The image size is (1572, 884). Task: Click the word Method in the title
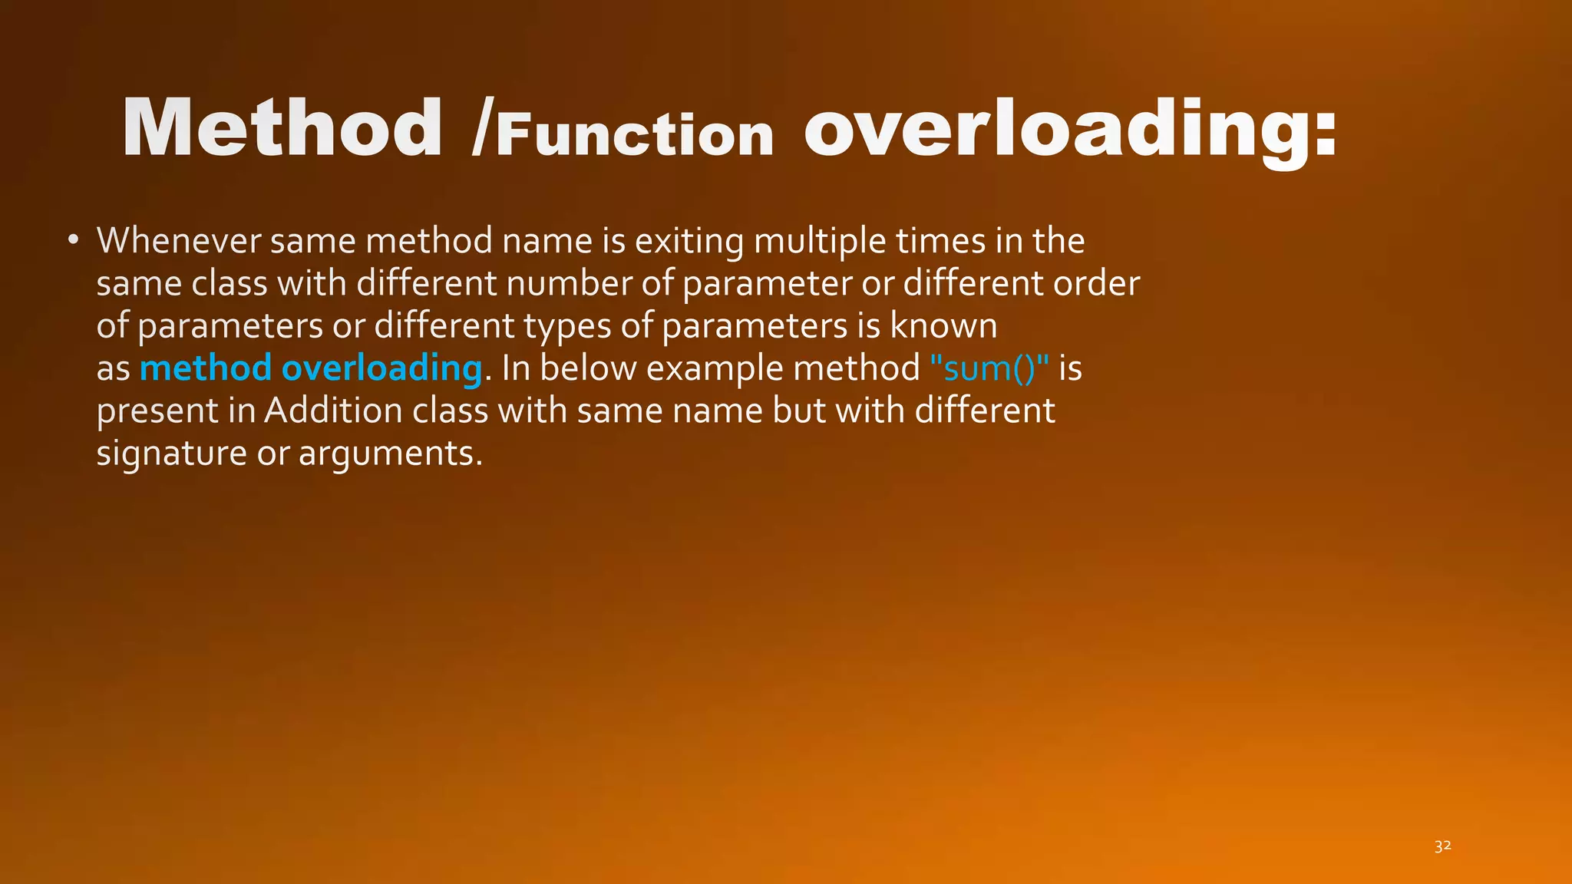click(282, 128)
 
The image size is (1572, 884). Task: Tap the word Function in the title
click(635, 136)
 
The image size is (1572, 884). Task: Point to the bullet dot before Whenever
click(73, 240)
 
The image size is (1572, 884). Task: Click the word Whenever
click(178, 241)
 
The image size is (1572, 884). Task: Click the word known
click(943, 326)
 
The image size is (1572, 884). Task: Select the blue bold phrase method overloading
click(311, 368)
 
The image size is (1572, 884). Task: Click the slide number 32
click(1442, 846)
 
